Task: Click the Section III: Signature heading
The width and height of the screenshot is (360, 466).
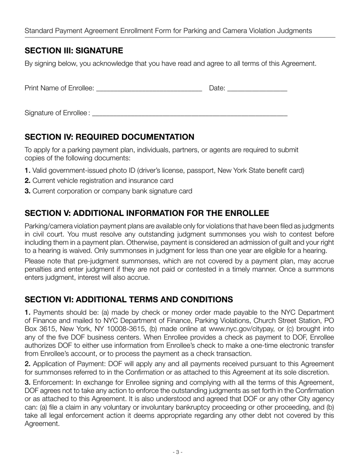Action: [74, 51]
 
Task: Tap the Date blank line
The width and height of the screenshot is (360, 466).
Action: [258, 89]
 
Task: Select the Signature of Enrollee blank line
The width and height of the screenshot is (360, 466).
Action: [189, 114]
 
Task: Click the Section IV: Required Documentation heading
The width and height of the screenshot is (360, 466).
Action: [110, 137]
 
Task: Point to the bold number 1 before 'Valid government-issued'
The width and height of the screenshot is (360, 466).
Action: [27, 170]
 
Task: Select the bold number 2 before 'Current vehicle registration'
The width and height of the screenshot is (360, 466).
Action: [27, 181]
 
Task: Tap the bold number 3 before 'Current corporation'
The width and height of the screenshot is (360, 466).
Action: [27, 191]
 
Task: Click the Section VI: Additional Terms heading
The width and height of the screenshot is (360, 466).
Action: [129, 300]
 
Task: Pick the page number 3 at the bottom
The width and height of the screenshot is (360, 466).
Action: [177, 452]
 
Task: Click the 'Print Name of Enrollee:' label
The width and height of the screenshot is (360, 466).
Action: [59, 88]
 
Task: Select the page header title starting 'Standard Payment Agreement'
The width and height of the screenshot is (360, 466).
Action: [168, 31]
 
